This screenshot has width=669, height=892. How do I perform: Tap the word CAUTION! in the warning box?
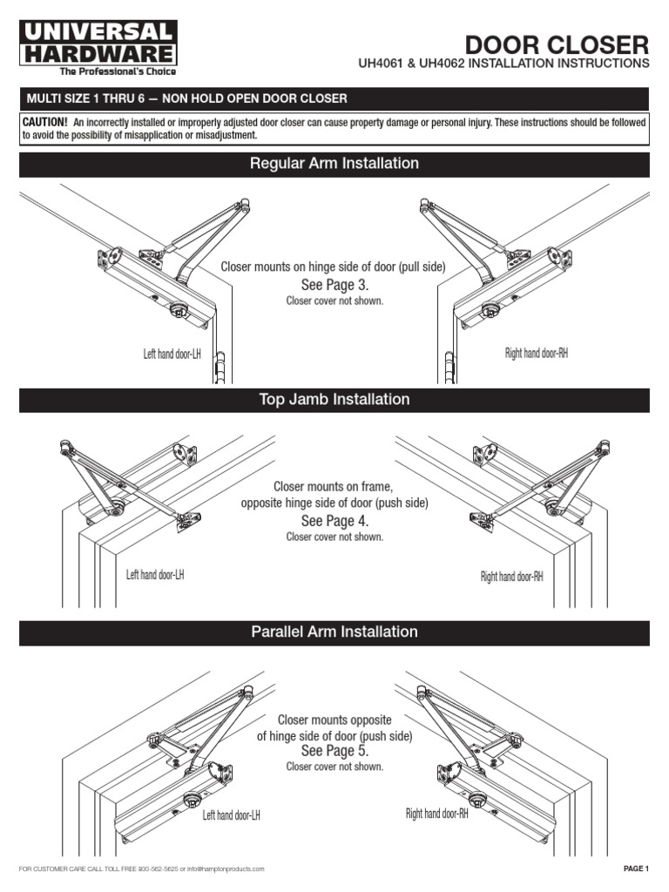click(x=45, y=123)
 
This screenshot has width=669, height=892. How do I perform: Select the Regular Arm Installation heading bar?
click(x=334, y=164)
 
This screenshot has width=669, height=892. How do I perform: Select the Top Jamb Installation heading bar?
click(x=334, y=400)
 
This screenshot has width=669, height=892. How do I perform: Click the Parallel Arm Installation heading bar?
click(x=334, y=632)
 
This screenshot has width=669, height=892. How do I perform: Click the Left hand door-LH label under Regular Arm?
click(x=172, y=355)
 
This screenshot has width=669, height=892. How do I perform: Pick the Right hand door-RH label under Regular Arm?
click(x=537, y=353)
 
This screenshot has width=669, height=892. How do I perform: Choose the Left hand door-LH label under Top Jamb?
click(x=155, y=575)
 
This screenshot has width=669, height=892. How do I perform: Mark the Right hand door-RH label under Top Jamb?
click(x=512, y=577)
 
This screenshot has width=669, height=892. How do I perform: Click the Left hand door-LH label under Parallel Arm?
click(x=232, y=815)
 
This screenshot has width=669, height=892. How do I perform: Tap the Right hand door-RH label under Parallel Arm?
click(x=437, y=814)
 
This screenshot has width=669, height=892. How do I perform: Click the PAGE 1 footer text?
click(x=636, y=868)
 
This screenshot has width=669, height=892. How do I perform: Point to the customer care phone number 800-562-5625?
click(x=158, y=869)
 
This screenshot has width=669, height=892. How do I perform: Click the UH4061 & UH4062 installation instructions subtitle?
click(x=503, y=64)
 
